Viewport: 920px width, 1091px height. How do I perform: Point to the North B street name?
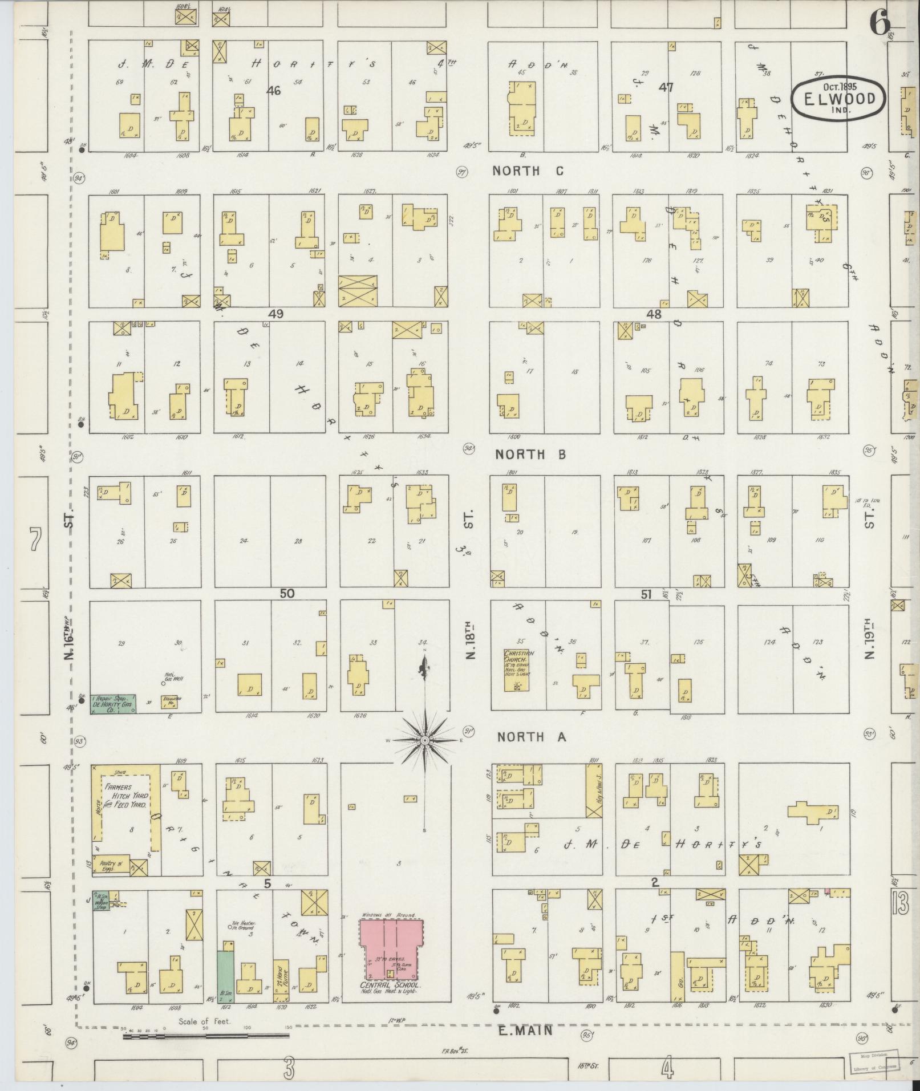(x=530, y=455)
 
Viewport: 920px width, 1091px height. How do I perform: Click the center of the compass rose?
(x=425, y=740)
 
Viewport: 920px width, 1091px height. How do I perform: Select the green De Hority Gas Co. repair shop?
(x=113, y=704)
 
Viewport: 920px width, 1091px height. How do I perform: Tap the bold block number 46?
(x=274, y=90)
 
